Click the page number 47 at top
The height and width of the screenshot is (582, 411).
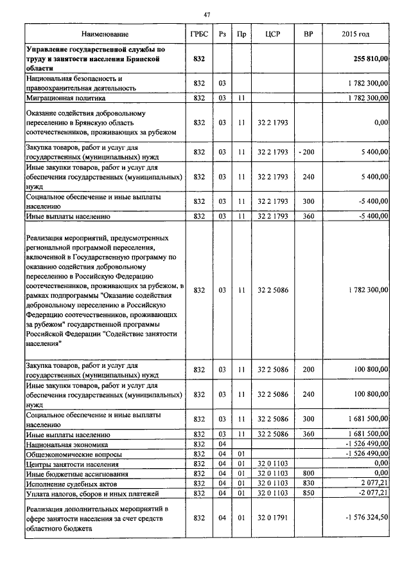(x=205, y=14)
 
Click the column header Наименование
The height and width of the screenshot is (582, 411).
(x=105, y=33)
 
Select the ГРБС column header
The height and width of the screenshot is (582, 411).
(x=198, y=33)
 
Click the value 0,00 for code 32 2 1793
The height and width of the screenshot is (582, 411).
(x=381, y=122)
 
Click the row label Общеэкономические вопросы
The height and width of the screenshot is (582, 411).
(x=71, y=454)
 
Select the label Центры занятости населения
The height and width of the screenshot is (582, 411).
(x=72, y=464)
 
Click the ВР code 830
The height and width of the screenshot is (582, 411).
(x=308, y=483)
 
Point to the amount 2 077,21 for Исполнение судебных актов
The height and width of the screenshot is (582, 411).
(x=373, y=483)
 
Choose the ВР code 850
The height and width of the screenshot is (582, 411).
(x=308, y=493)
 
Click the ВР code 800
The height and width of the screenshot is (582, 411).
(x=308, y=473)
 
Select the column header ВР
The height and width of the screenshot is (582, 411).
(x=308, y=33)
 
